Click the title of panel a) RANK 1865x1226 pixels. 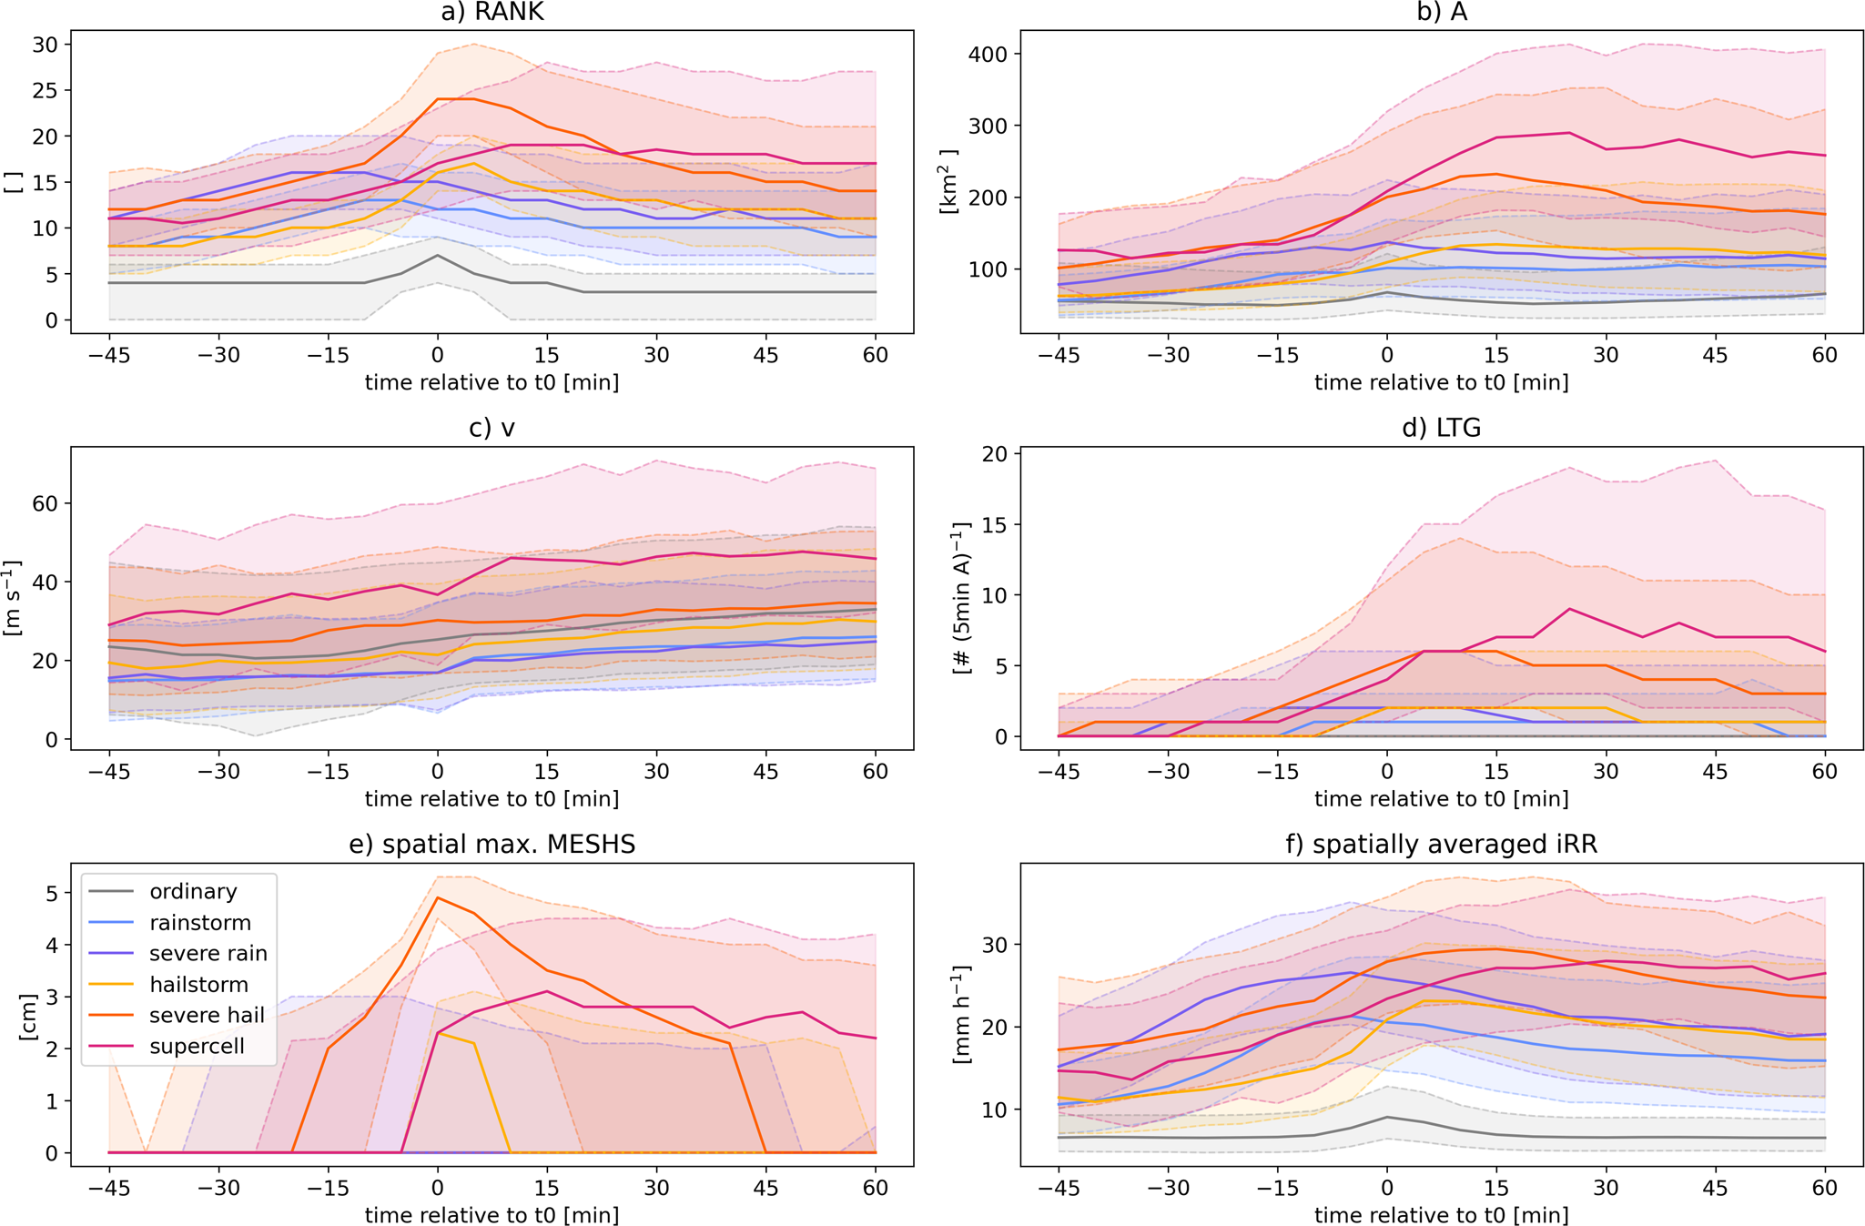click(x=492, y=12)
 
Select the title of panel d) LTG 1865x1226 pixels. click(x=1441, y=428)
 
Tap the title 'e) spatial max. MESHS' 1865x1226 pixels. click(x=492, y=845)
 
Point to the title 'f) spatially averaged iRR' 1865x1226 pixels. click(x=1441, y=845)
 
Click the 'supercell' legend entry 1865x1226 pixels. click(x=197, y=1046)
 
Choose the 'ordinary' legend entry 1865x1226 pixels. click(x=193, y=891)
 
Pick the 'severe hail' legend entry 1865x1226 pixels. click(x=207, y=1015)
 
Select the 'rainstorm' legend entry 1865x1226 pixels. click(x=199, y=922)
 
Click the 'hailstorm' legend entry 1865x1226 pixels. click(x=199, y=984)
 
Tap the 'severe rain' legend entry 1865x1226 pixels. click(x=208, y=953)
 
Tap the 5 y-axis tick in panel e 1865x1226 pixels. click(x=51, y=894)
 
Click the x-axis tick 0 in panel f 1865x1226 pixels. click(x=1387, y=1187)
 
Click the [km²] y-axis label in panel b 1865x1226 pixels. click(x=948, y=182)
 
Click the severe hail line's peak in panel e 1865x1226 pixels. click(x=438, y=897)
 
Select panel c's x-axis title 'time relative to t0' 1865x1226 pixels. click(x=492, y=799)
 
